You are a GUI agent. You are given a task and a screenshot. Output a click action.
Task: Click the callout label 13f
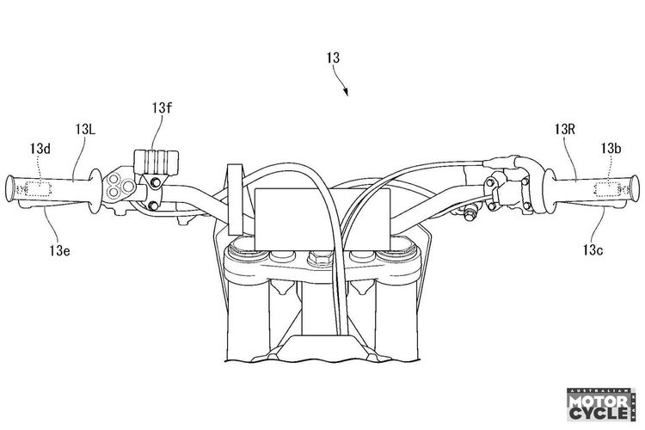[x=162, y=108]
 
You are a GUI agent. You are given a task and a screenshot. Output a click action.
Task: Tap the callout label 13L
[x=85, y=130]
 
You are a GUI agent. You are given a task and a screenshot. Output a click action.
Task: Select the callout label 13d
[x=40, y=149]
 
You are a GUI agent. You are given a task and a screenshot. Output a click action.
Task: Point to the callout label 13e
[x=59, y=250]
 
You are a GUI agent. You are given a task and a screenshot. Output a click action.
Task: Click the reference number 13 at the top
[x=333, y=58]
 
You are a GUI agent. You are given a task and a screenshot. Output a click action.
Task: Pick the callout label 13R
[x=564, y=130]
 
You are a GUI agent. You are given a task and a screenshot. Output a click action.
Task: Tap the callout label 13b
[x=611, y=149]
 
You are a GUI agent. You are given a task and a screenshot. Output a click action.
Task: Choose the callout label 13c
[x=593, y=249]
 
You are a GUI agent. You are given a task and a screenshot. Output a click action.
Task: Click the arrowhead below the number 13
[x=346, y=92]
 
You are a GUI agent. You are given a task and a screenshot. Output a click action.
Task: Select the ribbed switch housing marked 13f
[x=157, y=162]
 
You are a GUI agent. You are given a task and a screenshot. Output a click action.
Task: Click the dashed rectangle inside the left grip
[x=38, y=189]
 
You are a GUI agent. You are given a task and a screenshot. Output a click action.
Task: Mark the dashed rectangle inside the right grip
[x=607, y=188]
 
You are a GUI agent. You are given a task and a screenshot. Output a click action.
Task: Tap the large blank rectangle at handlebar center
[x=322, y=219]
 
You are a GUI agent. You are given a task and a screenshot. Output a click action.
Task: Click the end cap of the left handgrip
[x=9, y=188]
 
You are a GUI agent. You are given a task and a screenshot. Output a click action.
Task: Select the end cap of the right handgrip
[x=635, y=188]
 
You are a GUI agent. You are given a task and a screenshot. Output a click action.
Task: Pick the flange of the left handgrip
[x=95, y=191]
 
